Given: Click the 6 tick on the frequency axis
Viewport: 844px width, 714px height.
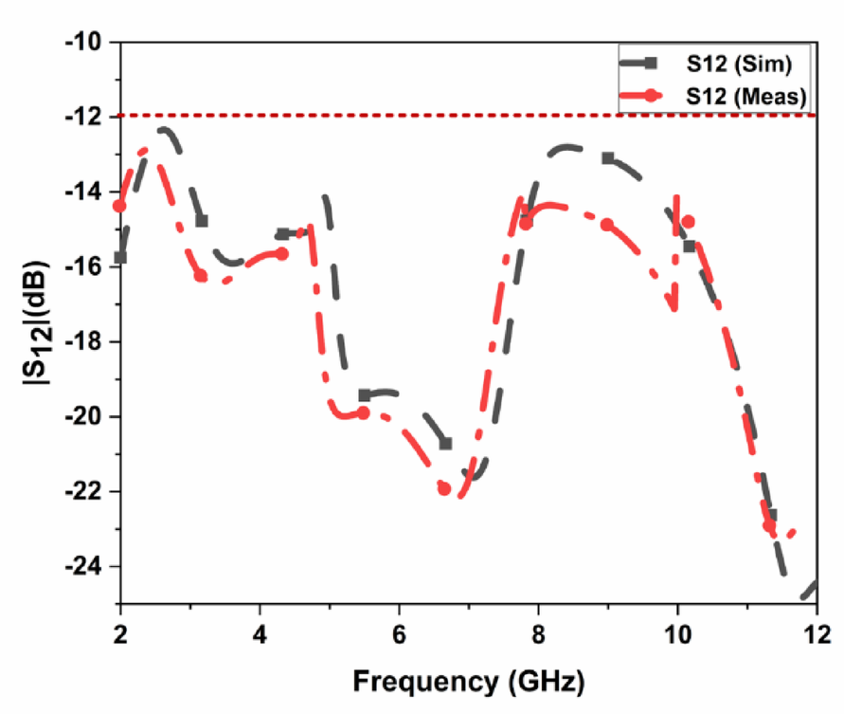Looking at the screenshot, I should tap(399, 632).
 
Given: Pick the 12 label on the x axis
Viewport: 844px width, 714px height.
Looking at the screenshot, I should tap(816, 632).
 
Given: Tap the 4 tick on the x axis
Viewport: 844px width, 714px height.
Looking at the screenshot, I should tap(260, 632).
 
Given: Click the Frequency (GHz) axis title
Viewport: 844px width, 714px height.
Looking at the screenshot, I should tap(468, 680).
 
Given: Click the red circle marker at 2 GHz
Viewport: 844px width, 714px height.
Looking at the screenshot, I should tap(119, 206).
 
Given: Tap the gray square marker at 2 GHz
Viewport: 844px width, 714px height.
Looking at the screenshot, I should tap(120, 257).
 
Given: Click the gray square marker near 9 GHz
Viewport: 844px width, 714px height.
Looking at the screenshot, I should tap(607, 158).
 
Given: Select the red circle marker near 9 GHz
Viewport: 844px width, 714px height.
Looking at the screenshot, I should tap(607, 225).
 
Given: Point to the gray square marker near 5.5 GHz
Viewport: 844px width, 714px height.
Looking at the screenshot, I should tap(365, 395).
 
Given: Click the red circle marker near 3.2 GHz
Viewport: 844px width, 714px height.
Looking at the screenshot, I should tap(201, 275).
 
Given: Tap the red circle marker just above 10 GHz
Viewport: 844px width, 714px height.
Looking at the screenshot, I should tap(688, 222).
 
